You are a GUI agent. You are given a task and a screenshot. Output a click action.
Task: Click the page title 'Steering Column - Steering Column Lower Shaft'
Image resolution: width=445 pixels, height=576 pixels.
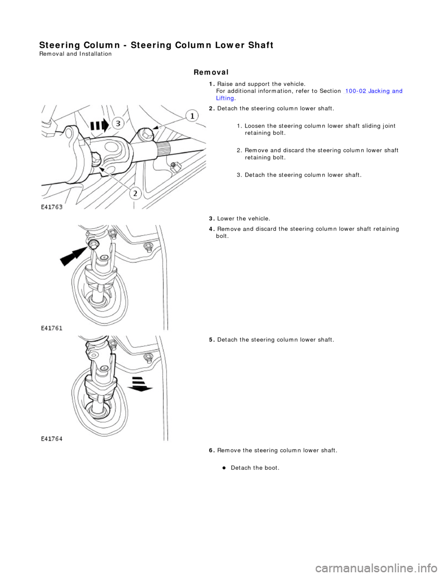click(156, 45)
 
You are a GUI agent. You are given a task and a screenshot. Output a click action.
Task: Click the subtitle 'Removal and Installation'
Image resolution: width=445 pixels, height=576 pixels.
click(75, 54)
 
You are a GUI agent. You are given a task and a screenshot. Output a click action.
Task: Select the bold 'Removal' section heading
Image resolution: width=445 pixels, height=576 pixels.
click(211, 72)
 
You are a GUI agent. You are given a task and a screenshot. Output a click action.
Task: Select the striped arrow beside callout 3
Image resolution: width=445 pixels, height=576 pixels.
click(100, 124)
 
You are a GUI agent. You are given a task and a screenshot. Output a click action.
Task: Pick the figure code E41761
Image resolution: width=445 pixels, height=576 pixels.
click(51, 328)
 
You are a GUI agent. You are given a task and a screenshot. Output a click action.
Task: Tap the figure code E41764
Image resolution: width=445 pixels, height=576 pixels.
click(51, 439)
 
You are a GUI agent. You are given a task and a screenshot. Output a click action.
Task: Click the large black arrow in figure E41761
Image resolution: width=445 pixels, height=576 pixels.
click(73, 254)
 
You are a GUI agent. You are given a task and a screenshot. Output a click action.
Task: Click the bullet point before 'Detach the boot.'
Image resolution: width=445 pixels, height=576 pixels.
click(223, 468)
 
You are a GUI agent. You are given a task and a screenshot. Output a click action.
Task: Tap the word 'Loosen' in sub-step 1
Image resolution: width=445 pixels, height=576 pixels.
click(254, 126)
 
